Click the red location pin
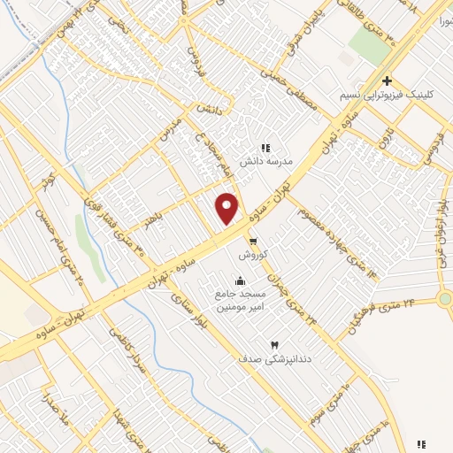point(227,208)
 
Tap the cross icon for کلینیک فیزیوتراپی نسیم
point(388,81)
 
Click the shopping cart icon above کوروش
point(253,241)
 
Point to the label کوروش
point(253,254)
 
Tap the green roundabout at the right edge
point(445,299)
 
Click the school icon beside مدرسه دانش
point(265,149)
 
